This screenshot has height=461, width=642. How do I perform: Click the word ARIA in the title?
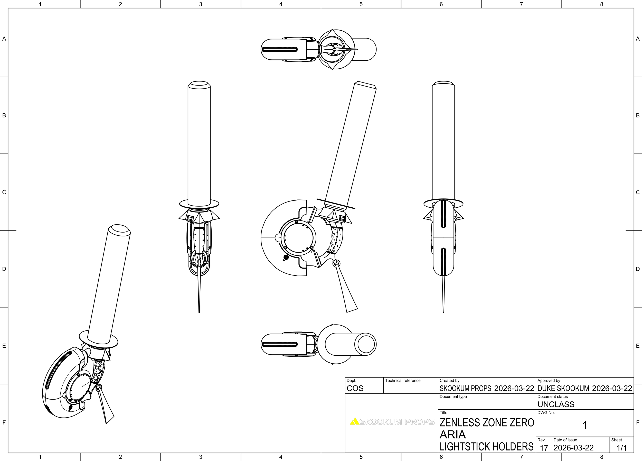coord(452,434)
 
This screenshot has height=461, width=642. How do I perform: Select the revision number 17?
coord(544,448)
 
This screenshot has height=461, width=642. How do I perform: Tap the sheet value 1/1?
coord(622,448)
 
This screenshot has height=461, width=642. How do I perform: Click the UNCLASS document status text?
coord(556,404)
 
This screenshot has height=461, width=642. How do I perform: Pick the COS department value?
coord(355,389)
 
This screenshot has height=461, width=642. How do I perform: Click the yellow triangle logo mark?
coord(354,422)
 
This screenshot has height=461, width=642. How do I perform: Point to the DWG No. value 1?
coord(584,425)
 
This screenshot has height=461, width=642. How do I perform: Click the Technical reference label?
coord(402,381)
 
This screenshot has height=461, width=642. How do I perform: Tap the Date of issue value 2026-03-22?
coord(573,448)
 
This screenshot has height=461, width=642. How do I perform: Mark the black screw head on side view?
coord(286,257)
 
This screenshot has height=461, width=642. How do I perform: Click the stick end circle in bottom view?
coord(366,344)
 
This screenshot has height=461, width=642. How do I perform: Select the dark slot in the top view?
coord(280,50)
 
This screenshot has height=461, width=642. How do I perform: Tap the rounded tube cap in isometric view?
coord(119,229)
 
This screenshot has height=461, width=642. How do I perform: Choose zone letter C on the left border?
coord(4,192)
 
